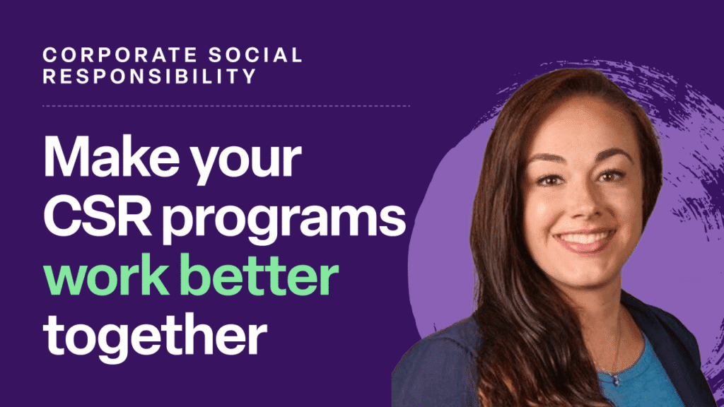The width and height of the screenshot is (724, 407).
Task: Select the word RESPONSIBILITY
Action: coord(149,76)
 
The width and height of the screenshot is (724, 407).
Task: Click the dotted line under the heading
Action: coord(226,106)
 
